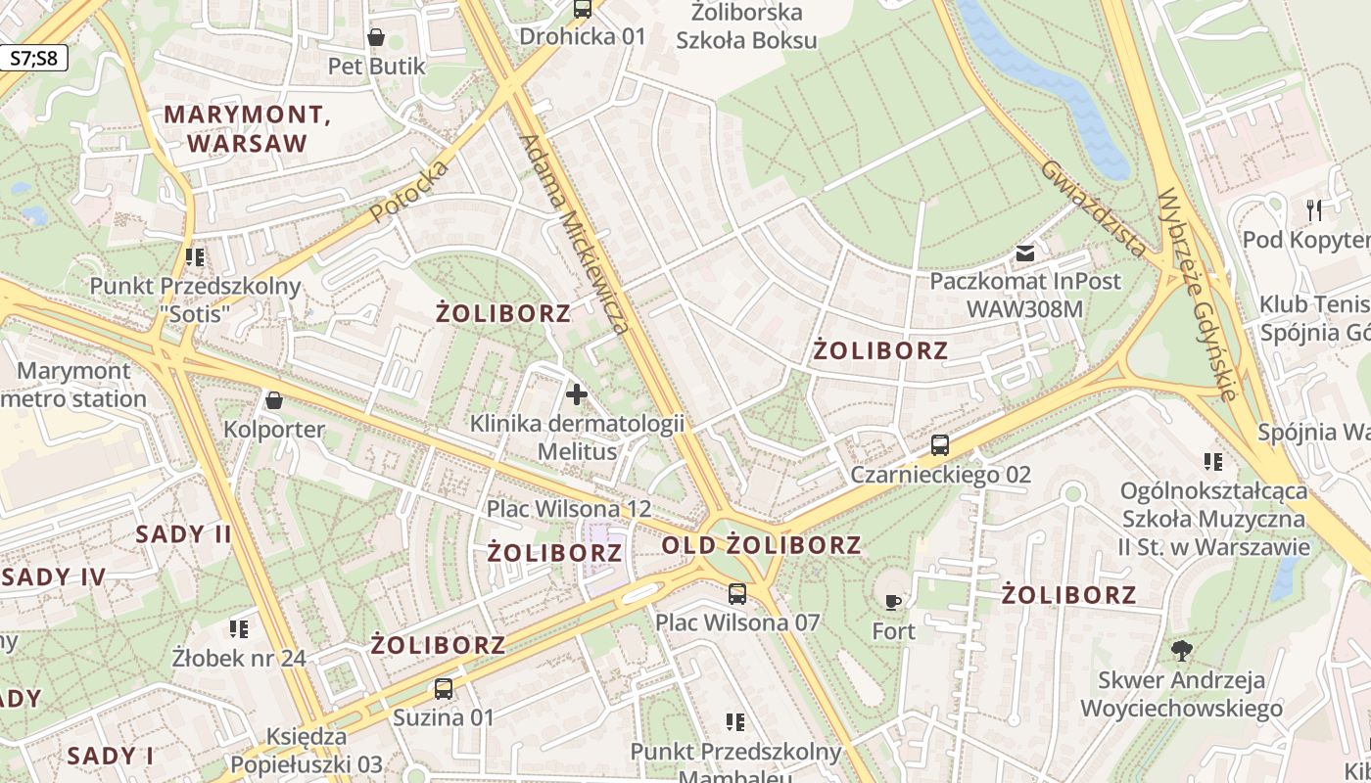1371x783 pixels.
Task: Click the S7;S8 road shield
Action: pos(34,58)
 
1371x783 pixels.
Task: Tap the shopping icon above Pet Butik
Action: pos(376,37)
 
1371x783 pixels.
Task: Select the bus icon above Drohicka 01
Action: pos(583,9)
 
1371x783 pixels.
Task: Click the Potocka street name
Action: pos(409,191)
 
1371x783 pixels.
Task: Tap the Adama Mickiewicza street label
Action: pos(574,233)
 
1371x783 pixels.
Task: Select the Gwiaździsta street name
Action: pos(1093,208)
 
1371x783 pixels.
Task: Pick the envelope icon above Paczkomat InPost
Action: pos(1024,253)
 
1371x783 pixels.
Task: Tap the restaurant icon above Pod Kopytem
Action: pos(1314,209)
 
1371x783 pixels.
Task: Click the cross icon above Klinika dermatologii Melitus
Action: pos(577,394)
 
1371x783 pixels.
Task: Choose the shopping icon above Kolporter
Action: pos(274,400)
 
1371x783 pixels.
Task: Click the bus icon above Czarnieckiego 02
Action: pos(940,445)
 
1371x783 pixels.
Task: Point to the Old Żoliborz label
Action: pos(761,545)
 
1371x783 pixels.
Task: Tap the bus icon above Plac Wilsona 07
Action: pos(737,593)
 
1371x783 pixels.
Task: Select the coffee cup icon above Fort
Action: pos(893,602)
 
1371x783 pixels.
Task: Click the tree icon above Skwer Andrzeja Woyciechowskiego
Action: pos(1182,650)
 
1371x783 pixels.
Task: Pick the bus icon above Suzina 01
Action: pos(444,688)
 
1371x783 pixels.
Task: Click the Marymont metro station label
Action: pos(74,385)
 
